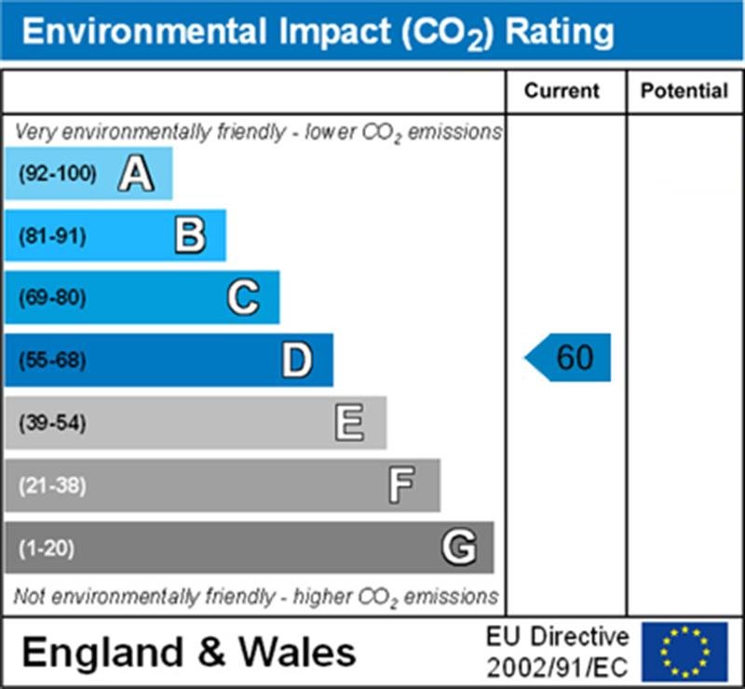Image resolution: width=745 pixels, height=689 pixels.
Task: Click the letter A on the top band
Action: [x=136, y=173]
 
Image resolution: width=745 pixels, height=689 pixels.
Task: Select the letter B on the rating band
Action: [x=190, y=236]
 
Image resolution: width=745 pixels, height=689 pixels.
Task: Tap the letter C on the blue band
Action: [x=243, y=298]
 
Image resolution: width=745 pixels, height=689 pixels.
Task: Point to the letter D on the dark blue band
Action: [x=297, y=360]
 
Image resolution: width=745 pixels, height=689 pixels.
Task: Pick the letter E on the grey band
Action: [x=350, y=424]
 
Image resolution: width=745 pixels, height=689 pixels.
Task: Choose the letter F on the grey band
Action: [x=402, y=485]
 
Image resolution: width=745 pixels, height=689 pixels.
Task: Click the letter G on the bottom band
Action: [x=458, y=547]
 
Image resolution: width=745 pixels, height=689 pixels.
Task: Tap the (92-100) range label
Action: [x=57, y=173]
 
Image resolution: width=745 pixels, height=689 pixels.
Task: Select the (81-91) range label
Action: [x=51, y=236]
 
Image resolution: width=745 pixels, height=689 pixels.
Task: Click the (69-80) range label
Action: [x=51, y=299]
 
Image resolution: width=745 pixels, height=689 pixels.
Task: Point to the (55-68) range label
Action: [x=51, y=361]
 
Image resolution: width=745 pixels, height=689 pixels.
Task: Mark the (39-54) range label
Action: [x=51, y=424]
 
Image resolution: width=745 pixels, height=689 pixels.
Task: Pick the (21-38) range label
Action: [x=51, y=486]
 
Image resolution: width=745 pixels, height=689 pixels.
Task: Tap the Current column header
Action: [x=562, y=91]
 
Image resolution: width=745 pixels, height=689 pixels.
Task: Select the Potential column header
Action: [x=684, y=91]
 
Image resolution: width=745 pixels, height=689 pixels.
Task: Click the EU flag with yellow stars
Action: [x=684, y=651]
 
